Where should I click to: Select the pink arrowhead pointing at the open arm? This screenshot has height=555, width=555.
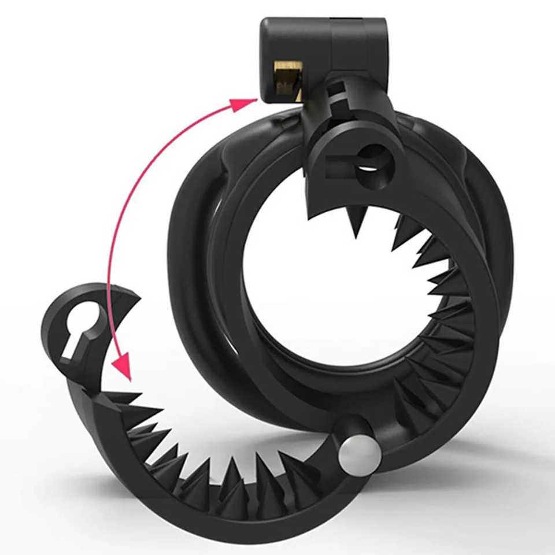[123, 367]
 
